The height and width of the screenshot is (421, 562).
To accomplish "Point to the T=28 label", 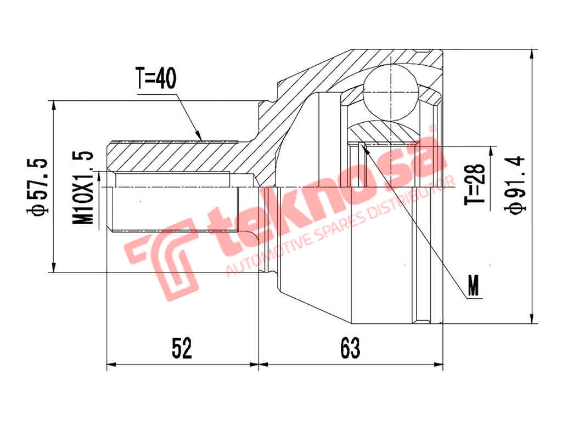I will coord(477,184).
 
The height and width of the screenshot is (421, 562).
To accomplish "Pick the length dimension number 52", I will coord(182,348).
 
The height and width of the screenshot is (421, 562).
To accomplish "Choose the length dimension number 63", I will coord(350,348).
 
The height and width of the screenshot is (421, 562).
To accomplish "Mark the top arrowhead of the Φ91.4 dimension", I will coord(531,54).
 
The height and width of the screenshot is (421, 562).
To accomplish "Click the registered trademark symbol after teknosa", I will coord(432,129).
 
